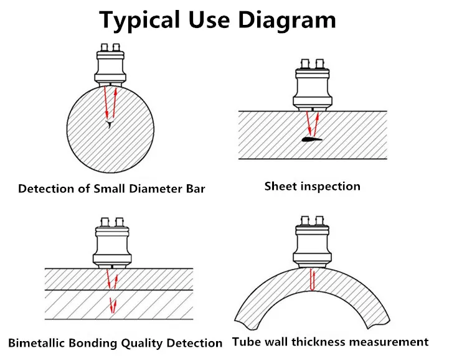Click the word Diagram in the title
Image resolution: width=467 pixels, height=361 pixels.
coord(287,20)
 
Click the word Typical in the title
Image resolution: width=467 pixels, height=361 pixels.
coord(139,20)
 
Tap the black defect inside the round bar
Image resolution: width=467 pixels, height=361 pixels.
coord(110,124)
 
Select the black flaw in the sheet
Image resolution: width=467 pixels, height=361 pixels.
coord(312,139)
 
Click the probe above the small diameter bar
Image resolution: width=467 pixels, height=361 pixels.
coord(110,65)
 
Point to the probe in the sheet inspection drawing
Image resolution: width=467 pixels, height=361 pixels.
coord(313,85)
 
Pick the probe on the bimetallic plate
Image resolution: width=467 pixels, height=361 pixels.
coord(112,243)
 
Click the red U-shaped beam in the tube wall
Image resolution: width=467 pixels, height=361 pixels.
coord(312,279)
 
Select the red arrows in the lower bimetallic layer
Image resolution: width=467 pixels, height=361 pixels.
coord(113,306)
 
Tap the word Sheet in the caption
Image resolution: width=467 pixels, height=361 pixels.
coord(281,186)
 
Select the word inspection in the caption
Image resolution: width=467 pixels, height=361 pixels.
coord(330,187)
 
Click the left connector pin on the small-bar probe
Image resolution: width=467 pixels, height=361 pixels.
coord(104,47)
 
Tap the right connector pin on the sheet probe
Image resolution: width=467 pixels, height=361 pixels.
coord(320,63)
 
